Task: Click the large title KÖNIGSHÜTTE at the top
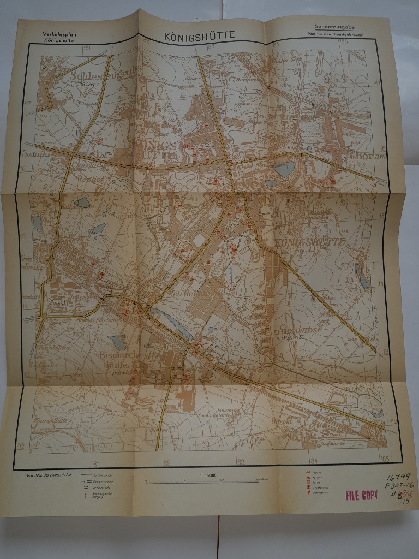(200, 35)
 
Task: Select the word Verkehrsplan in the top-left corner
(61, 34)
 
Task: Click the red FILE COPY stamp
(361, 496)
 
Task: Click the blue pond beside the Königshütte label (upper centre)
(283, 169)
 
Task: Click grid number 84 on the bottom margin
(313, 461)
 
